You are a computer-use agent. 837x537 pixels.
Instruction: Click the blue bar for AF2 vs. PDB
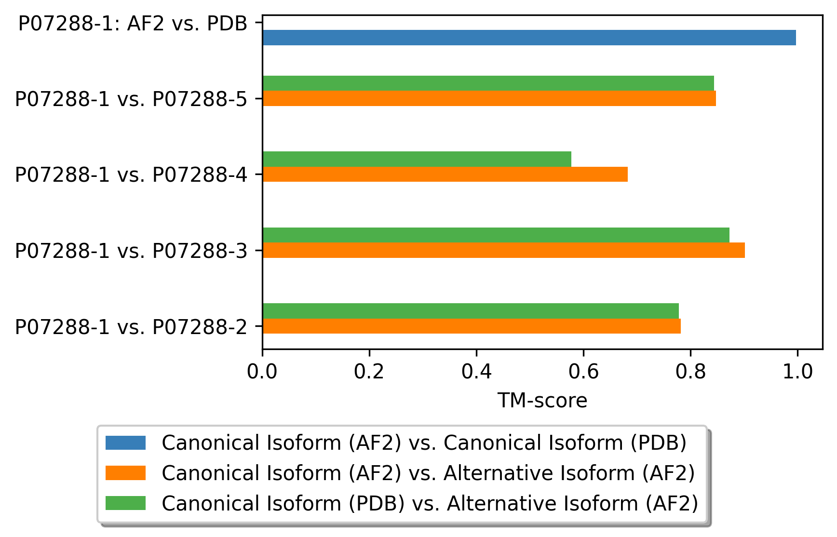point(529,38)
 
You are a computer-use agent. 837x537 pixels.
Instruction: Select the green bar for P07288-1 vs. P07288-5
point(488,83)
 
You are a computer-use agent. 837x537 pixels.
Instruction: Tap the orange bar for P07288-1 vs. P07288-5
point(489,98)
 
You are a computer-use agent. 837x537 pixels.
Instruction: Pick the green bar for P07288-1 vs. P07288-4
point(417,159)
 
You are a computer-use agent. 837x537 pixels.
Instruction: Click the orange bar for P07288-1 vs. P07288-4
point(445,174)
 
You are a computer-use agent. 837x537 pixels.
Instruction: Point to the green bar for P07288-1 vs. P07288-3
point(496,235)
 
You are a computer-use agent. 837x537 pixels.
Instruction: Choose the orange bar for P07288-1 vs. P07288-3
point(503,250)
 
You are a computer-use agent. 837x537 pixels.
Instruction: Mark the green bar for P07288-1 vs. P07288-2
point(471,311)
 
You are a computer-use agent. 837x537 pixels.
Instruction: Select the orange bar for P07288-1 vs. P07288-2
point(472,326)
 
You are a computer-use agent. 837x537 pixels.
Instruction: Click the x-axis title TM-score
point(542,401)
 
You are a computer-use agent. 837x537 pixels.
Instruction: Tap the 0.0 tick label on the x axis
point(262,372)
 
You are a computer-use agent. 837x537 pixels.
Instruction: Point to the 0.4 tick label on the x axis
point(476,372)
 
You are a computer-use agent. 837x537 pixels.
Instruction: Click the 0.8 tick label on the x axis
point(690,372)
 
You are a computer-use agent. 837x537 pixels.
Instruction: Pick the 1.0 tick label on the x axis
point(797,372)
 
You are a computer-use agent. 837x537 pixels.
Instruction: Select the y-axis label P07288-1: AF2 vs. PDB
point(133,24)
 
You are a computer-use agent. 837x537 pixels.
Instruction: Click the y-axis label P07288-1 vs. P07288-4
point(131,175)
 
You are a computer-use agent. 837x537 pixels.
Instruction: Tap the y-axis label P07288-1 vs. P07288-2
point(131,327)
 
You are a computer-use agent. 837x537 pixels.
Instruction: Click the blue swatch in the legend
point(125,443)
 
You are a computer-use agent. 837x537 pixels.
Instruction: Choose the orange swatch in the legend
point(125,473)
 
